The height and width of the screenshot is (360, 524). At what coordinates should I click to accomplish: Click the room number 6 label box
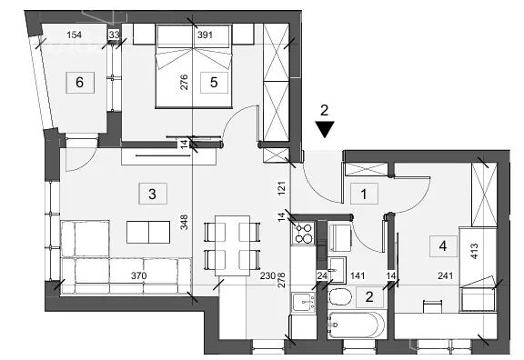click(80, 82)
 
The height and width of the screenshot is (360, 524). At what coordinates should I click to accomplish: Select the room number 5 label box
click(214, 82)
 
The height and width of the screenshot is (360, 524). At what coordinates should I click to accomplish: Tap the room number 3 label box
click(153, 194)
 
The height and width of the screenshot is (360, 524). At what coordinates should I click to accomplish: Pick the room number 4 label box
click(443, 246)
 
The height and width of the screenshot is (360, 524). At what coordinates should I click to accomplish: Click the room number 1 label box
click(364, 194)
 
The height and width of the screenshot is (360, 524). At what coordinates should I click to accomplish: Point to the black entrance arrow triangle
click(325, 130)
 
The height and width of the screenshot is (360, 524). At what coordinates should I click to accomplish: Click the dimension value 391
click(205, 35)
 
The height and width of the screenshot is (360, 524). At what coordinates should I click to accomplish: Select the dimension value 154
click(75, 35)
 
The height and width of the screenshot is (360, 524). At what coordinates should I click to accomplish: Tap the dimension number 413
click(474, 252)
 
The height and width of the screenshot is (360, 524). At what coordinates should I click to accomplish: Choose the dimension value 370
click(138, 275)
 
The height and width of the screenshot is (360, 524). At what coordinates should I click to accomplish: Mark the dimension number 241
click(446, 275)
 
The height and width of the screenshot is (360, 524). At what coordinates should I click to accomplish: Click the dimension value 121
click(282, 188)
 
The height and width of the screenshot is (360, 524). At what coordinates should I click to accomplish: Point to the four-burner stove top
click(304, 233)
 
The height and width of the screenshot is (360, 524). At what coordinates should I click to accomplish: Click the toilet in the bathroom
click(340, 297)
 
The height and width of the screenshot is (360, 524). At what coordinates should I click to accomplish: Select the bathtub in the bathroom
click(358, 325)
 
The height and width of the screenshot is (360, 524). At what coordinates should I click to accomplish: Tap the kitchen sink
click(304, 302)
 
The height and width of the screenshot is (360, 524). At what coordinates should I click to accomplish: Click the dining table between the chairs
click(232, 245)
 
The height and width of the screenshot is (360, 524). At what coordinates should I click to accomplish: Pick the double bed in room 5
click(194, 66)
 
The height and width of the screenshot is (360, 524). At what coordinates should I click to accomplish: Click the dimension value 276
click(184, 82)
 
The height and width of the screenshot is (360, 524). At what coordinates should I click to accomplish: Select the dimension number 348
click(184, 222)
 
